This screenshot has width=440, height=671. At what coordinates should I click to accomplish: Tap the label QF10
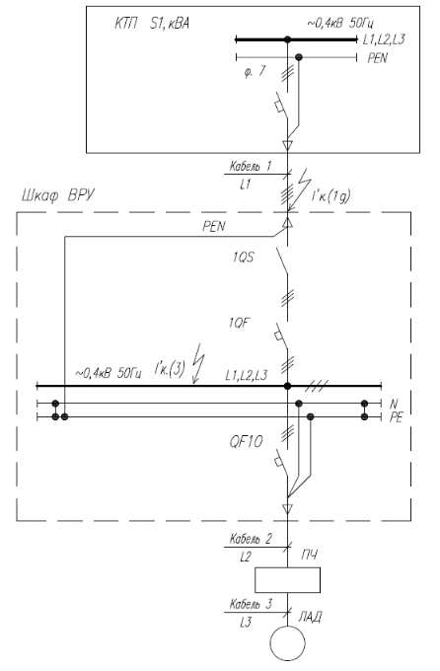coord(246,441)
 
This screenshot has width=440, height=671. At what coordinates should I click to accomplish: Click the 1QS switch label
coord(243,258)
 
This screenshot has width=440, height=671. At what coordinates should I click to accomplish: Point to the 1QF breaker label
coord(239,323)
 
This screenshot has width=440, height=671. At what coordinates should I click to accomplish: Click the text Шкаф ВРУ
coord(58,195)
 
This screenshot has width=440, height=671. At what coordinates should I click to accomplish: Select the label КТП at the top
coord(126,23)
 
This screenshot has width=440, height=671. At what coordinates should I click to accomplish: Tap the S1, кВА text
coord(170,23)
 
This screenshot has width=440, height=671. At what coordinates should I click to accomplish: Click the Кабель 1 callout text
coord(251,166)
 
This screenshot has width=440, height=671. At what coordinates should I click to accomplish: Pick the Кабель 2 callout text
coord(251,539)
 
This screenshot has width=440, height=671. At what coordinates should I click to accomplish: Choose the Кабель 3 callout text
coord(251,604)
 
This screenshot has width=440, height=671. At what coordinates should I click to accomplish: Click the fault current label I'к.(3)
coord(170,369)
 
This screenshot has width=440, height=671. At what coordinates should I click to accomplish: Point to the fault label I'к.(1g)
coord(330,196)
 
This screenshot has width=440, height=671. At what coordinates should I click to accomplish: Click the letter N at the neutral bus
coord(394,404)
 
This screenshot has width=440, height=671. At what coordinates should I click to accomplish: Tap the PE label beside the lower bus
coord(397,417)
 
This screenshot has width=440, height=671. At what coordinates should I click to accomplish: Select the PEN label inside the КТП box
coord(378,58)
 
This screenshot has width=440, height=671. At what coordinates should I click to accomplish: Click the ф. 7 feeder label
coord(256,72)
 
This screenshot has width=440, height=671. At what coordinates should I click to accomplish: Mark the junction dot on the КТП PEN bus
coord(299,57)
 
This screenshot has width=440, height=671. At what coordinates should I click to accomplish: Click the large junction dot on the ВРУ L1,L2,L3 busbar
coord(288,386)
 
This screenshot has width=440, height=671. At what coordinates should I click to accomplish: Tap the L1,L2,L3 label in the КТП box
coord(384,39)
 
